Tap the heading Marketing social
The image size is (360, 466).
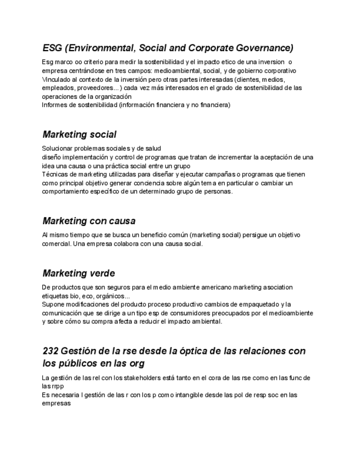(x=79, y=134)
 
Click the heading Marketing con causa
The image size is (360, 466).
(x=88, y=221)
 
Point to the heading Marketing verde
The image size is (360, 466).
(x=78, y=273)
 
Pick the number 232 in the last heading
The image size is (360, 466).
(x=51, y=351)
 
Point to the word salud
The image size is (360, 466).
(x=152, y=148)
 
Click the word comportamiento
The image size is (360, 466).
(x=65, y=192)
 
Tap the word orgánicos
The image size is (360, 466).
(x=113, y=296)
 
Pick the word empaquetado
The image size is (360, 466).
(x=257, y=304)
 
